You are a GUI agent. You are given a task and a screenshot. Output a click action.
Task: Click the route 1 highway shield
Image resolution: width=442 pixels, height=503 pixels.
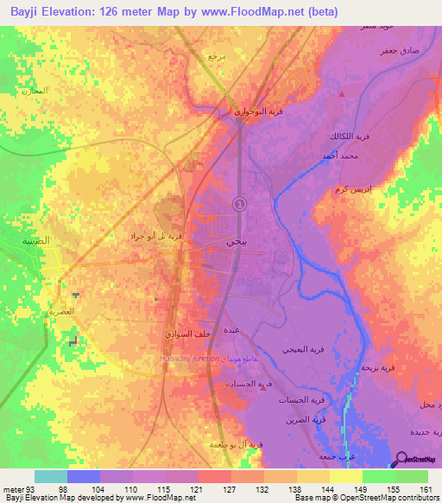239,203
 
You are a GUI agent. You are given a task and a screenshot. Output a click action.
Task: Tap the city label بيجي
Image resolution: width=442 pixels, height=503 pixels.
235,245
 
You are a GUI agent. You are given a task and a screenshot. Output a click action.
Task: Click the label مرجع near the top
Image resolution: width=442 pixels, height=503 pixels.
216,56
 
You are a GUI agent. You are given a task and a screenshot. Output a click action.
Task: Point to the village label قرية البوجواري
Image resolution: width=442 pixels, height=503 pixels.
249,111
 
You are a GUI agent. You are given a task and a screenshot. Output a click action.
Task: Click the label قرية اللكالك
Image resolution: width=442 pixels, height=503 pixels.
349,137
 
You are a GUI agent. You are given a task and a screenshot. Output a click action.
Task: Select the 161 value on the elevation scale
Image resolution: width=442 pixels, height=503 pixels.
426,488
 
